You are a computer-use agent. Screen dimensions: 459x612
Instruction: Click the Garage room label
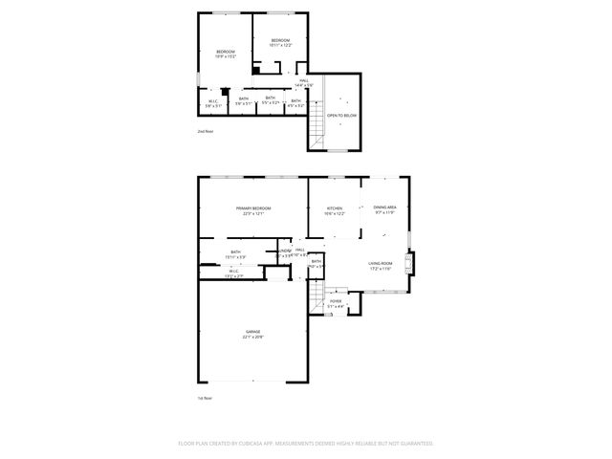[x=252, y=332]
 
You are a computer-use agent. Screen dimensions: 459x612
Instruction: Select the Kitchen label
[x=334, y=208]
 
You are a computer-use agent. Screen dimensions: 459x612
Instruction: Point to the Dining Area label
[x=385, y=208]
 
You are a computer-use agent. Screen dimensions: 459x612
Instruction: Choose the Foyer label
[x=336, y=301]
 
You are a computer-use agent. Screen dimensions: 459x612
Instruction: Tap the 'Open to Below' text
[x=342, y=116]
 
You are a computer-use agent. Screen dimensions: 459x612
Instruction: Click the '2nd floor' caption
[x=206, y=131]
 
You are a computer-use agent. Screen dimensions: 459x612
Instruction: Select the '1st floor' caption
[x=204, y=397]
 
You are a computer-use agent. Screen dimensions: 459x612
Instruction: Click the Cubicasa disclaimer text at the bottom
[x=306, y=444]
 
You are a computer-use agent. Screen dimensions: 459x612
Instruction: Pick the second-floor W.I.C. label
[x=213, y=100]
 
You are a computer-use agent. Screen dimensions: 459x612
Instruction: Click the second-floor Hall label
[x=304, y=81]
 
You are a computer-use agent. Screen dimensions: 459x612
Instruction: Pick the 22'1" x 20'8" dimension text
[x=252, y=338]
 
